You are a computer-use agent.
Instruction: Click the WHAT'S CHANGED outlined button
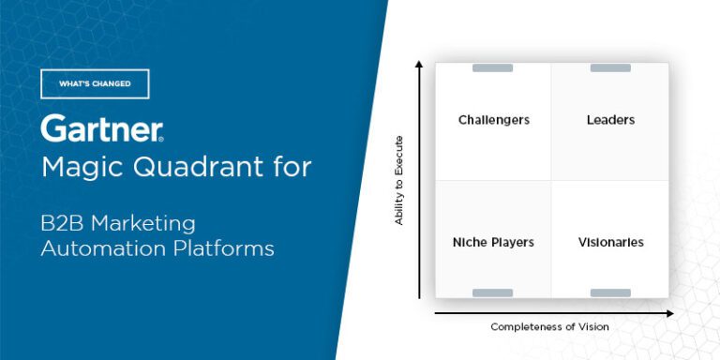click(x=95, y=83)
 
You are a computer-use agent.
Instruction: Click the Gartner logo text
click(x=102, y=129)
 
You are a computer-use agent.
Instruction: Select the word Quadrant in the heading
click(x=195, y=169)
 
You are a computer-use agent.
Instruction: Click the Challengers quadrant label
click(x=494, y=120)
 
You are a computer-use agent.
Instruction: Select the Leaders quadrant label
click(x=610, y=120)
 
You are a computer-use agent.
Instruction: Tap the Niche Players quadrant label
click(x=493, y=242)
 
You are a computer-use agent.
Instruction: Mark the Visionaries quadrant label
click(x=610, y=242)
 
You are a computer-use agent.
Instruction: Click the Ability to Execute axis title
click(x=399, y=181)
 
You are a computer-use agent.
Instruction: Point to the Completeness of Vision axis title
click(x=549, y=327)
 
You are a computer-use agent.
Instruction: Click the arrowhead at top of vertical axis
click(x=419, y=65)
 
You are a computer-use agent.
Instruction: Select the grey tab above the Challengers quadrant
click(x=492, y=67)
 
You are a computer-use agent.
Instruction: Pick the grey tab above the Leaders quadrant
click(x=610, y=67)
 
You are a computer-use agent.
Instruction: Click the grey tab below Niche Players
click(x=492, y=293)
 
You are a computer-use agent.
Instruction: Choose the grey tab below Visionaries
click(x=610, y=293)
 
